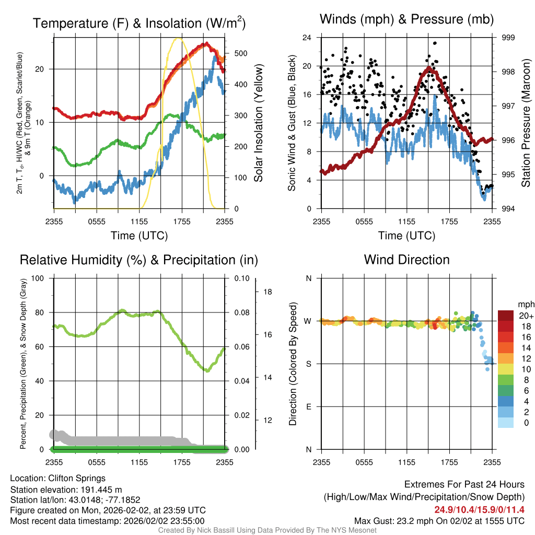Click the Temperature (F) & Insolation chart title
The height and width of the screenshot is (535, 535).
pyautogui.click(x=139, y=23)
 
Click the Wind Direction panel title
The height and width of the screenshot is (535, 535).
pyautogui.click(x=406, y=260)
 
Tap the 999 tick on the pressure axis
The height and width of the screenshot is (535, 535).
pyautogui.click(x=508, y=38)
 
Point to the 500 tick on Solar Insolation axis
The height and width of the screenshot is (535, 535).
pyautogui.click(x=240, y=54)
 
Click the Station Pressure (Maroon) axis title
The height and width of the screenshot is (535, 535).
pyautogui.click(x=526, y=123)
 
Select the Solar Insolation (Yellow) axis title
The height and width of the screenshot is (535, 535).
pyautogui.click(x=258, y=123)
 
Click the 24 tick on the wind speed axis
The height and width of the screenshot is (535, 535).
pyautogui.click(x=307, y=38)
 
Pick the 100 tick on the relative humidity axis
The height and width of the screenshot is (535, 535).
pyautogui.click(x=38, y=278)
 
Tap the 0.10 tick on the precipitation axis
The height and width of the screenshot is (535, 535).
pyautogui.click(x=242, y=278)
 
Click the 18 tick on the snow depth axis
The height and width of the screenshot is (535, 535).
pyautogui.click(x=267, y=292)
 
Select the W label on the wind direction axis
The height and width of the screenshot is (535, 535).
pyautogui.click(x=308, y=321)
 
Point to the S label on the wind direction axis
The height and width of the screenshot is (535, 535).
pyautogui.click(x=308, y=364)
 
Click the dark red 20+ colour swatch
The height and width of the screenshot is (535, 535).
pyautogui.click(x=506, y=316)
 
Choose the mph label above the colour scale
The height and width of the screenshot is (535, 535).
pyautogui.click(x=526, y=305)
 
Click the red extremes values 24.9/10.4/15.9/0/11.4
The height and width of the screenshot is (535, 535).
pyautogui.click(x=479, y=510)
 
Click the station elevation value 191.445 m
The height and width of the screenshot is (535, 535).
pyautogui.click(x=101, y=490)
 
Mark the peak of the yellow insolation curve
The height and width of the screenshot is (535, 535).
pyautogui.click(x=178, y=39)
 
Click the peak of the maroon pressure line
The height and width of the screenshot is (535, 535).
pyautogui.click(x=429, y=68)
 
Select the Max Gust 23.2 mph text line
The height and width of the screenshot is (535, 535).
pyautogui.click(x=439, y=521)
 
